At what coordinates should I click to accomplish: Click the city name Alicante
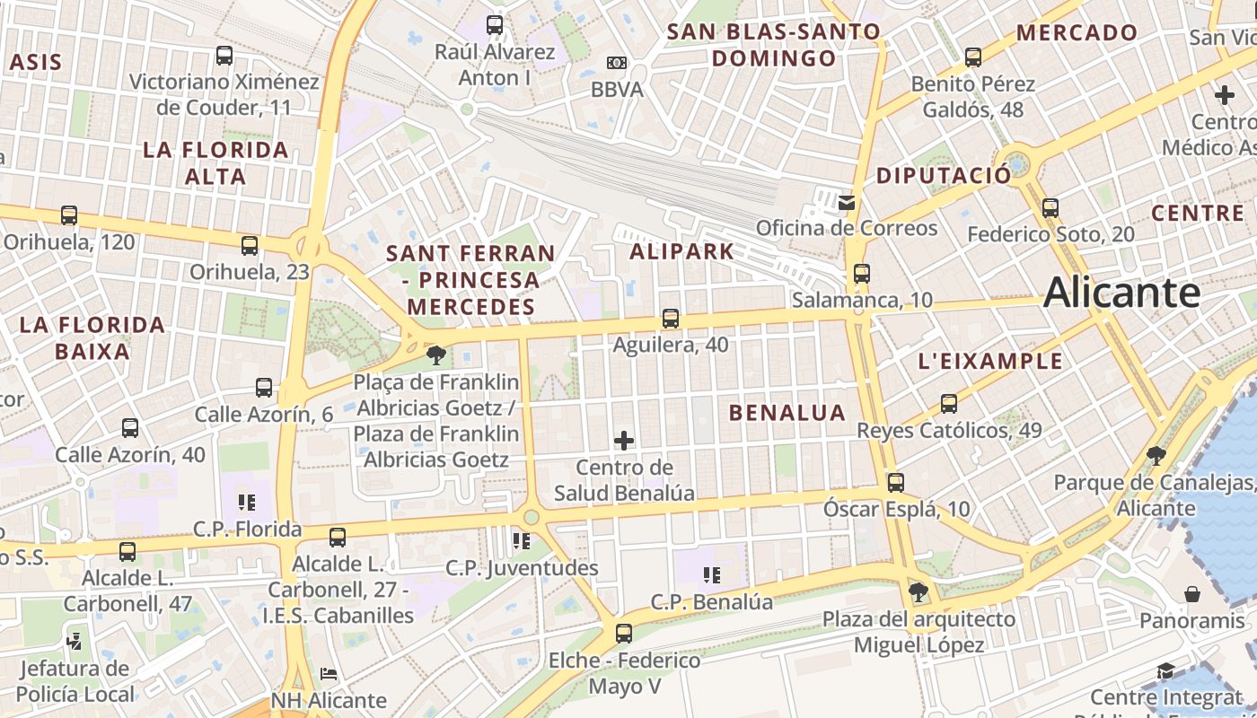[1122, 293]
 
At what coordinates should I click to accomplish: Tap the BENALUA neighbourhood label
[787, 413]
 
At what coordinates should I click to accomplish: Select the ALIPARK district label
[682, 251]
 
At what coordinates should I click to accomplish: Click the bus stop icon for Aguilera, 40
[670, 319]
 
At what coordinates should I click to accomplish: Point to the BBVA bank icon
[616, 63]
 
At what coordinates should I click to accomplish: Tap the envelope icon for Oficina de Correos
[847, 202]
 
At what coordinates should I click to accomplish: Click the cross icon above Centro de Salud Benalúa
[624, 441]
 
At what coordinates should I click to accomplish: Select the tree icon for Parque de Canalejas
[1156, 456]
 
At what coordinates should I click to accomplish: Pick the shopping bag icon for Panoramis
[1192, 594]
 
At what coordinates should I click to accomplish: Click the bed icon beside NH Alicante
[329, 673]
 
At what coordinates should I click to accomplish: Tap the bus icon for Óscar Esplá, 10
[895, 483]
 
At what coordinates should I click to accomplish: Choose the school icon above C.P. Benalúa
[712, 575]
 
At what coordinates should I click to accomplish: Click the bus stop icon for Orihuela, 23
[250, 245]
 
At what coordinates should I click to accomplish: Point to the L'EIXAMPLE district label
[990, 362]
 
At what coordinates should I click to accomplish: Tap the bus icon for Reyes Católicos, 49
[949, 404]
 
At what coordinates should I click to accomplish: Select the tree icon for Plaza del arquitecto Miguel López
[918, 592]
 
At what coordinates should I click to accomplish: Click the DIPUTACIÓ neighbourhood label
[943, 175]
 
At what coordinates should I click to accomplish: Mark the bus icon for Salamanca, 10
[862, 274]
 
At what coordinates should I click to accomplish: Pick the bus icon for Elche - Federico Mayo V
[624, 634]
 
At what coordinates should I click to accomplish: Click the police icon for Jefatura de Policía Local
[75, 642]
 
